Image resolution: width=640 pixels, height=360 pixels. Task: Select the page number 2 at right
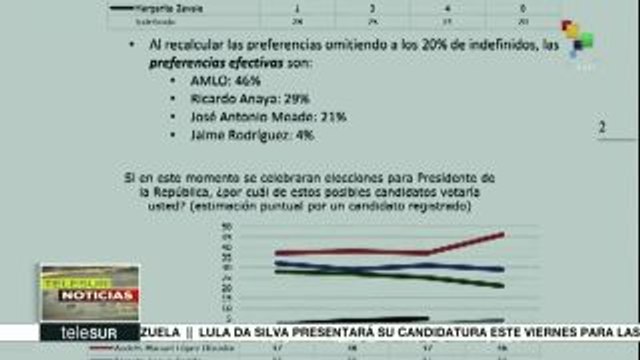tap(602, 128)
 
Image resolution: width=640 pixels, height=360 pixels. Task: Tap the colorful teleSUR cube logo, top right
tap(577, 37)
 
